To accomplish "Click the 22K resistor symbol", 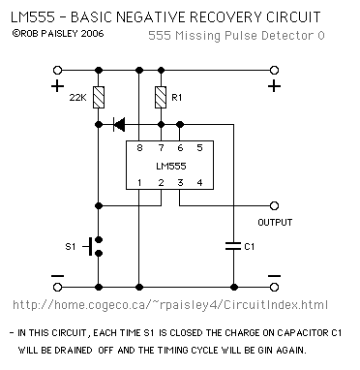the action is [99, 97].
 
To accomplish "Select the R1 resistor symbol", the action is [161, 97].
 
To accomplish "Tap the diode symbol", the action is [119, 124].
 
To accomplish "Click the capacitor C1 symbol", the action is [233, 246].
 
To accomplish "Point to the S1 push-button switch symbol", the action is [94, 246].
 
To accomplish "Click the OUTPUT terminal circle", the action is [274, 205].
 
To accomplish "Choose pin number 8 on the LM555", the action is [139, 148].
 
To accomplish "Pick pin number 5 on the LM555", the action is [199, 148].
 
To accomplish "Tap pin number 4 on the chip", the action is [199, 183].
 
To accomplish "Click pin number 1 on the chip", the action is [139, 183].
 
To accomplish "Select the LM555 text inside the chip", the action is [171, 166].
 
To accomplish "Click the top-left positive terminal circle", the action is [57, 70].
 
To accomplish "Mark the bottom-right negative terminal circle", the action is [274, 287].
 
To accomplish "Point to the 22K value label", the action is [78, 97].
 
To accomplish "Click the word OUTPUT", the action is [275, 222].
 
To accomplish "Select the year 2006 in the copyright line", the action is [92, 33].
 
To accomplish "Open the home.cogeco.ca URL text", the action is [170, 305].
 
